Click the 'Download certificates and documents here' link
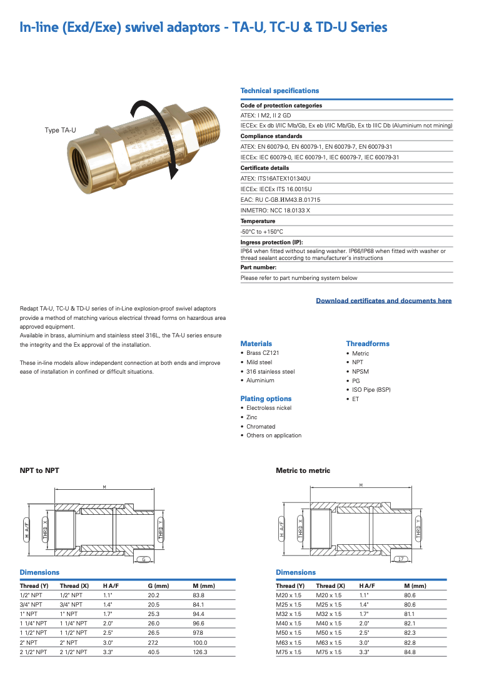pyautogui.click(x=383, y=301)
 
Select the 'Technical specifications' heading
pyautogui.click(x=280, y=91)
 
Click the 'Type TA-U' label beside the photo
pyautogui.click(x=60, y=130)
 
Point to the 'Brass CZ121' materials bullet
pyautogui.click(x=263, y=353)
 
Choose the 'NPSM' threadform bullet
pyautogui.click(x=361, y=371)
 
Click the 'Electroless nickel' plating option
pyautogui.click(x=269, y=408)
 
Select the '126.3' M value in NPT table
pyautogui.click(x=200, y=652)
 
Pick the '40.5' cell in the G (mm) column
pyautogui.click(x=154, y=652)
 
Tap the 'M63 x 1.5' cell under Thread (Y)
pyautogui.click(x=288, y=642)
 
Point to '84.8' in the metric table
pyautogui.click(x=410, y=652)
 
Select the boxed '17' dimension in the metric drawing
pyautogui.click(x=401, y=559)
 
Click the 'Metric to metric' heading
pyautogui.click(x=303, y=470)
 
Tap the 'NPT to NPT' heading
pyautogui.click(x=39, y=470)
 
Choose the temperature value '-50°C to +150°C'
pyautogui.click(x=262, y=232)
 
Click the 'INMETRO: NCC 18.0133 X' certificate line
pyautogui.click(x=275, y=211)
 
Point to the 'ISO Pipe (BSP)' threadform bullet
pyautogui.click(x=371, y=390)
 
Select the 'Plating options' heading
pyautogui.click(x=266, y=399)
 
